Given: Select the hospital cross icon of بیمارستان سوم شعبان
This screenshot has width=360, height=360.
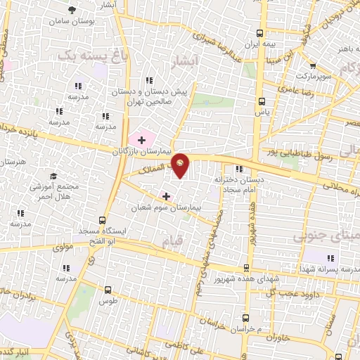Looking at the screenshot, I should click(x=166, y=195).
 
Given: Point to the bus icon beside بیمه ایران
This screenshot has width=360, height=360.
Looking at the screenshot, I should click(x=262, y=33).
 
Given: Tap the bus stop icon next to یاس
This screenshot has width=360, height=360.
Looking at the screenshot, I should click(x=262, y=101).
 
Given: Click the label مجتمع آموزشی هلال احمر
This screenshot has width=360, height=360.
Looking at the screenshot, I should click(x=51, y=190).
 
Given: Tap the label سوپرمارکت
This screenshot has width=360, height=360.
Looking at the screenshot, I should click(x=311, y=74).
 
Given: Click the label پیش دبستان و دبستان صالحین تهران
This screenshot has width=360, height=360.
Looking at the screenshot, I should click(x=149, y=96).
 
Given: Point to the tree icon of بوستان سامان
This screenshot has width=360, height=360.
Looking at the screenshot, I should click(x=72, y=10).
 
